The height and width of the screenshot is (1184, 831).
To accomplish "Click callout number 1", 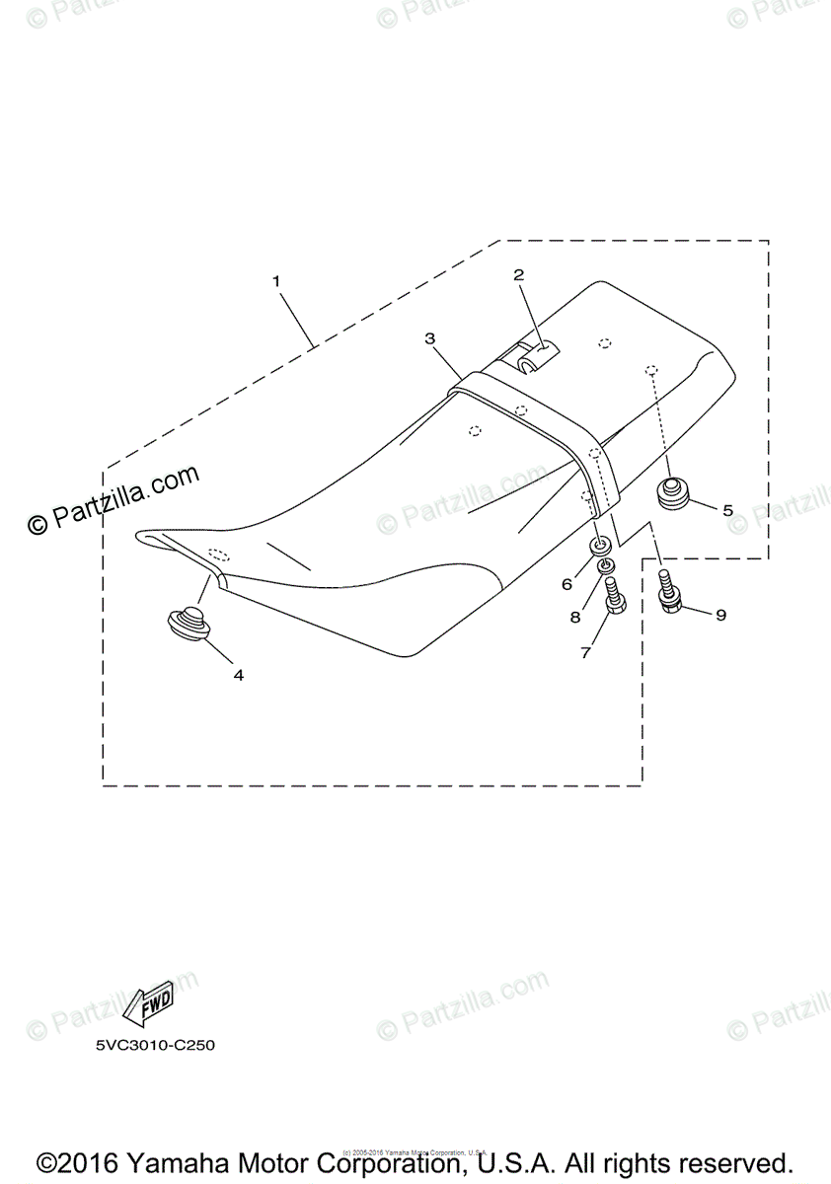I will point(276,281).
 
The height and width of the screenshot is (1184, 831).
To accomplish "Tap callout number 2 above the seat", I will point(518,275).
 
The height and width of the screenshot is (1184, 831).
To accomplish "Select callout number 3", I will point(430,338).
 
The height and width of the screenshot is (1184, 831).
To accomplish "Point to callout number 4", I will point(238,675).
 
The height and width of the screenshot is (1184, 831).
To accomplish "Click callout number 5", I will point(728,510).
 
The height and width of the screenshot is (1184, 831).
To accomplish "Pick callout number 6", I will point(567,584).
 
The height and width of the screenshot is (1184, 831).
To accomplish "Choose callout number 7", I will point(585,652).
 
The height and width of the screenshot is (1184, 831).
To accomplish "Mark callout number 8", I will point(575,618).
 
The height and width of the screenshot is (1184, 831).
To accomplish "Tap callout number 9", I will point(720,615).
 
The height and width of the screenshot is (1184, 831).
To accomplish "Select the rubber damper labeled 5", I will point(673,492).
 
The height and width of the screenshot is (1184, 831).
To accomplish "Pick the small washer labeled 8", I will point(607,566).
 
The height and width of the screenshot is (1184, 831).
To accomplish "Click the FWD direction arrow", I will point(147,1004).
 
